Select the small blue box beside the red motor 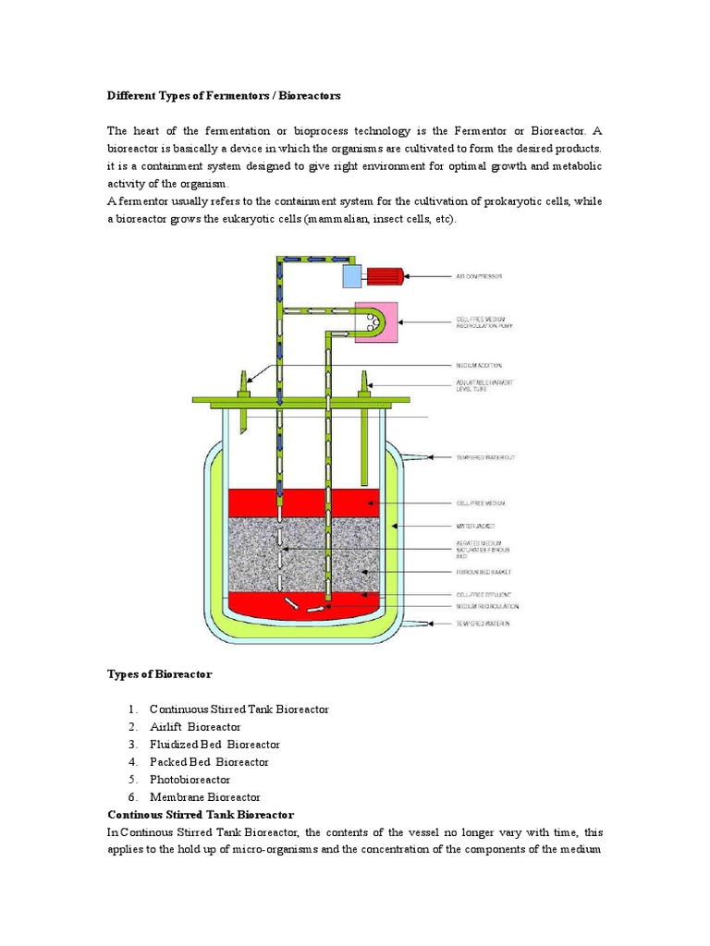pyautogui.click(x=353, y=275)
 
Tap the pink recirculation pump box pyautogui.click(x=373, y=322)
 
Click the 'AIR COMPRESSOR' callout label pyautogui.click(x=481, y=275)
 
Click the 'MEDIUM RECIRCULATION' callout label pyautogui.click(x=487, y=607)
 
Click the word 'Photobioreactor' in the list pyautogui.click(x=190, y=780)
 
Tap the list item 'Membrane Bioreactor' pyautogui.click(x=204, y=797)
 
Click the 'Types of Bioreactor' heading pyautogui.click(x=160, y=674)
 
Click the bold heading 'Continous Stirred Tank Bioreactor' pyautogui.click(x=201, y=815)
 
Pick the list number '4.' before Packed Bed pyautogui.click(x=133, y=762)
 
